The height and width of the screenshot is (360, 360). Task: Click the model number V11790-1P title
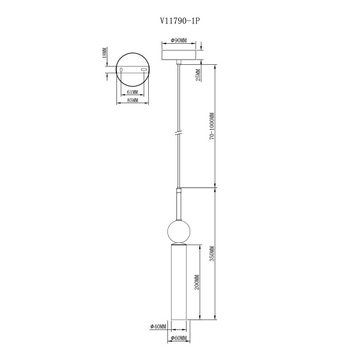(x=180, y=21)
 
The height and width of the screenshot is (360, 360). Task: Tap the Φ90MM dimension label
(x=179, y=40)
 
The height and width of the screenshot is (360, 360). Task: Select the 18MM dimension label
(x=104, y=53)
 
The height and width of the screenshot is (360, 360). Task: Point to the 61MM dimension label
(x=132, y=92)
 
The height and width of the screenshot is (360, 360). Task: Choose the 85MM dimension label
(x=133, y=100)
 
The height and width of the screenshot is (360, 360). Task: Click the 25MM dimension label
(x=198, y=75)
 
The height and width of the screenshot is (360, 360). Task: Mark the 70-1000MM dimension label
(x=212, y=126)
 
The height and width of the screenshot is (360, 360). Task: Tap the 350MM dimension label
(x=212, y=254)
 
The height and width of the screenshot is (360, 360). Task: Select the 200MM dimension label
(x=197, y=282)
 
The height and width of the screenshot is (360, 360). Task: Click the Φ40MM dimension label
(x=158, y=326)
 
